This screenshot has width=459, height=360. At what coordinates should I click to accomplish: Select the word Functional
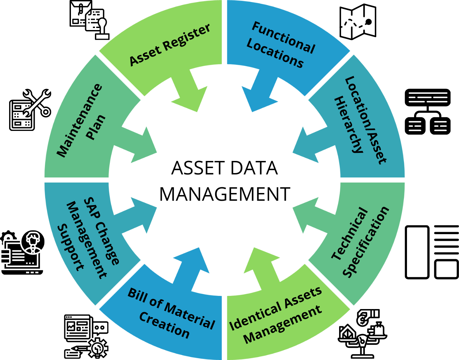pos(283,37)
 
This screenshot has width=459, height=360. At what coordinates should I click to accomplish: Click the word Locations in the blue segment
pos(275,54)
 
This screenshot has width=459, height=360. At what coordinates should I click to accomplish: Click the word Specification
pos(366,242)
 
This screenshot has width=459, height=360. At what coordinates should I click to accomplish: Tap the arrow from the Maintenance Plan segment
pos(138,145)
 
